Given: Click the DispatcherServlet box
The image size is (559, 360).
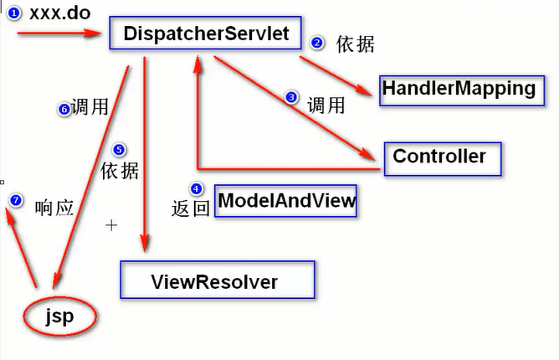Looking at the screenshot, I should click(x=206, y=34).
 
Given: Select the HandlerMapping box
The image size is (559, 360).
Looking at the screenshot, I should click(x=458, y=88).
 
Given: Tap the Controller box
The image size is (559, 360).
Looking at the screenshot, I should click(x=440, y=157).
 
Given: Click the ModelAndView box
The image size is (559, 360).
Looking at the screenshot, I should click(x=286, y=201).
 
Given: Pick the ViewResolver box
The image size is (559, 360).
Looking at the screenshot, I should click(x=216, y=280).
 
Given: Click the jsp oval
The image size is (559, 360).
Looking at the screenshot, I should click(x=59, y=316).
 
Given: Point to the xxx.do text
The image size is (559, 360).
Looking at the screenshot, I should click(x=59, y=13).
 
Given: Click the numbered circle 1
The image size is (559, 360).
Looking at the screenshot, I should click(x=13, y=13).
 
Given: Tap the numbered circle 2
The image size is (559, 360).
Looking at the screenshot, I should click(x=317, y=43).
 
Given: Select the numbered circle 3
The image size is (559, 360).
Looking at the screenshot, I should click(x=291, y=98).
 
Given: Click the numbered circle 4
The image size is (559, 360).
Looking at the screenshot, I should click(x=197, y=188).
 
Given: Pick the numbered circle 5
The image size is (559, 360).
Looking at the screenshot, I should click(x=119, y=150).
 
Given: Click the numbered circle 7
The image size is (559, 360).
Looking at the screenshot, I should click(x=15, y=200).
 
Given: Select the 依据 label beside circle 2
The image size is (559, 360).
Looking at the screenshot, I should click(x=355, y=44).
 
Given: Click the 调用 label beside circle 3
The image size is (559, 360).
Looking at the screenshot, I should click(x=326, y=105).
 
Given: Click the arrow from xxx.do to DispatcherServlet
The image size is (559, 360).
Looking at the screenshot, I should click(x=59, y=33).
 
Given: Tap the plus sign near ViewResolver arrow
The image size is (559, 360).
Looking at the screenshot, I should click(x=111, y=225).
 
